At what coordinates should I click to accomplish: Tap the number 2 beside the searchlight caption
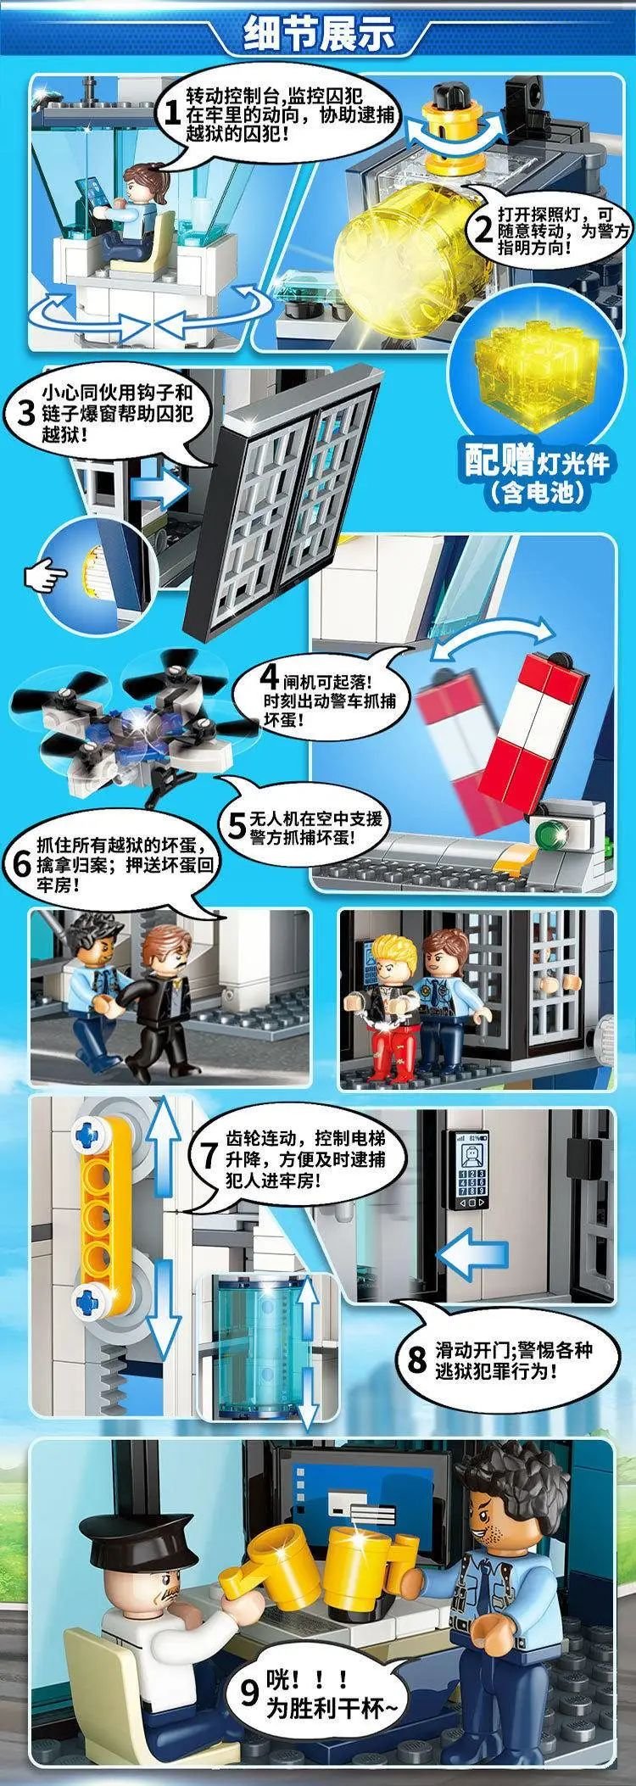click(483, 229)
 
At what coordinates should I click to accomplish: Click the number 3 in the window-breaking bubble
click(27, 412)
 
